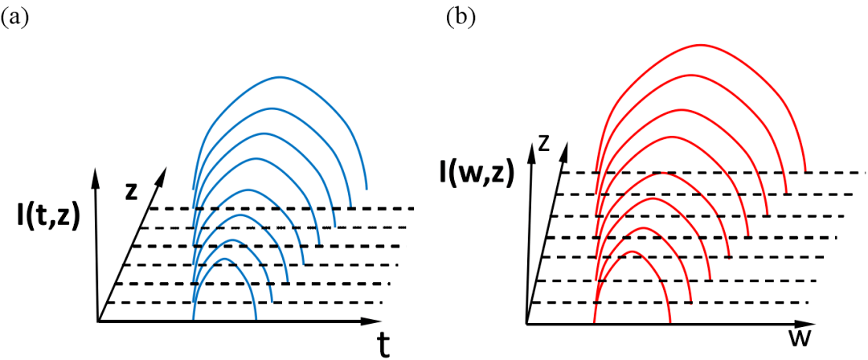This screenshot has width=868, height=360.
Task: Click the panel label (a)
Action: [x=16, y=18]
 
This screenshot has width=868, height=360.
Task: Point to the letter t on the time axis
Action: [x=384, y=344]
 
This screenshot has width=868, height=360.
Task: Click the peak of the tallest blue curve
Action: [x=280, y=77]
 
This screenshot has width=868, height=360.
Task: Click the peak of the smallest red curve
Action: [x=632, y=252]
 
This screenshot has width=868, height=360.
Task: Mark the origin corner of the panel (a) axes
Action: [x=97, y=321]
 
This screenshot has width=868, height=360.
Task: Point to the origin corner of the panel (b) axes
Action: [x=527, y=325]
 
